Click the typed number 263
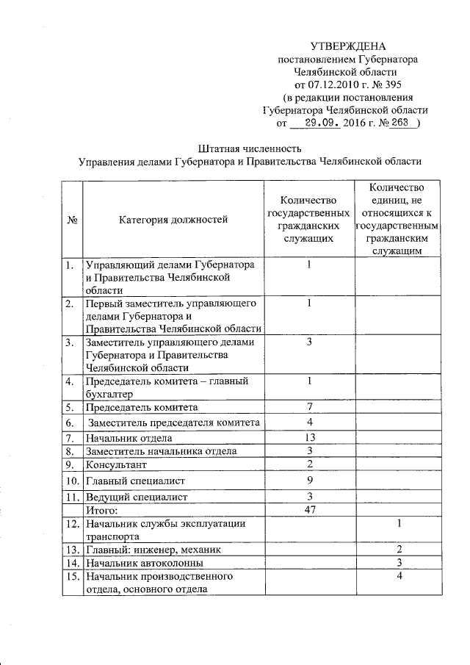(x=399, y=124)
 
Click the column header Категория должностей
(x=173, y=218)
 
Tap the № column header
(x=72, y=218)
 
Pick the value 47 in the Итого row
(x=310, y=509)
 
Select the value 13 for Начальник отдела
(x=310, y=438)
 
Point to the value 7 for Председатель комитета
(x=310, y=406)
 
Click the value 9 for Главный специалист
(x=310, y=481)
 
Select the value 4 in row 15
(x=399, y=575)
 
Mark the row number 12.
(x=71, y=524)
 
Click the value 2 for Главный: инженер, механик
(x=399, y=549)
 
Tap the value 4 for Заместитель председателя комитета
(x=310, y=423)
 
